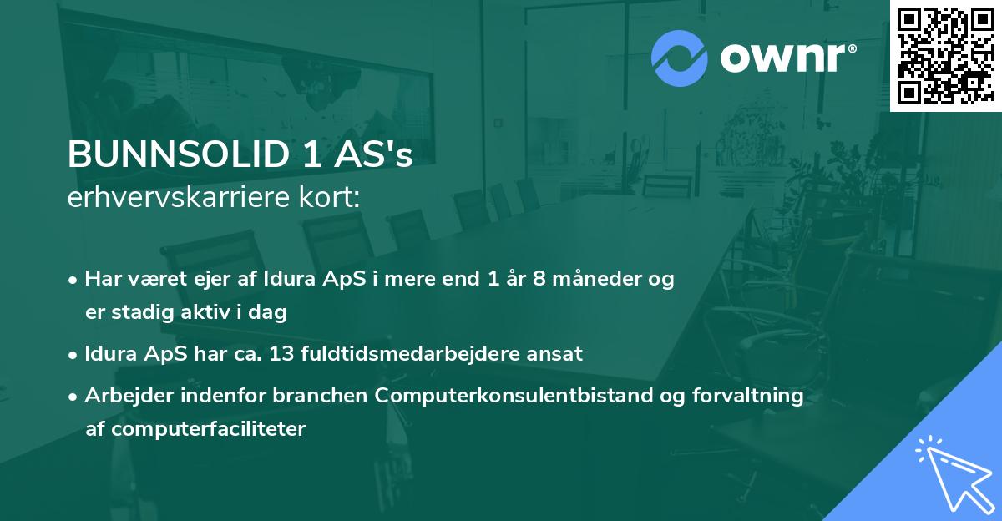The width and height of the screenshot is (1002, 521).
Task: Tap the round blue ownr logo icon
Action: click(x=678, y=58)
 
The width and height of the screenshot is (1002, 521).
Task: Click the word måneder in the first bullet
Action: click(x=592, y=279)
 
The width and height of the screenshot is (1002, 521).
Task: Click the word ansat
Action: click(x=561, y=353)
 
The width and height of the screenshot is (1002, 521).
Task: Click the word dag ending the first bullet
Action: click(x=270, y=313)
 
